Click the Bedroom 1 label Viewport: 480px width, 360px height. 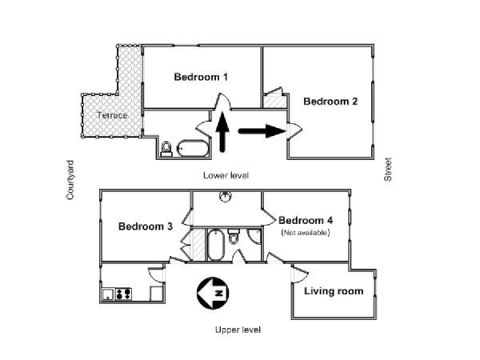tap(201, 77)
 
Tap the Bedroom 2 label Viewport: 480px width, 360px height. tap(330, 102)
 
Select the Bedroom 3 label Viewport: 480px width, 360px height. tap(146, 226)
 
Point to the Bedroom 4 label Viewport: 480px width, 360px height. tap(306, 221)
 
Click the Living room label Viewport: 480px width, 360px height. tap(334, 291)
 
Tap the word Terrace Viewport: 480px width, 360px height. tap(112, 115)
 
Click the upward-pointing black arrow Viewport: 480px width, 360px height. tap(222, 132)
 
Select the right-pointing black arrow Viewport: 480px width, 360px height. tap(262, 131)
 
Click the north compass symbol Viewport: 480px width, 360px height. tap(213, 293)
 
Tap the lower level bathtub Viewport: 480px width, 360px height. tap(193, 149)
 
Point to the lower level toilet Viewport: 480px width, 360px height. tap(166, 149)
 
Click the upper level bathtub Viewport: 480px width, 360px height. tap(215, 245)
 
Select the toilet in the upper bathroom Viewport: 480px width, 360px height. tap(234, 236)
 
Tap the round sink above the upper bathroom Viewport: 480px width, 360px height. tap(226, 197)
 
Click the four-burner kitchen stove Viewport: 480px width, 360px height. tap(123, 294)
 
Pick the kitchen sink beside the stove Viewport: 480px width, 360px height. tap(108, 294)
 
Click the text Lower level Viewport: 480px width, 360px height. tap(226, 175)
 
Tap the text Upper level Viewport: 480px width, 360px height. tap(238, 330)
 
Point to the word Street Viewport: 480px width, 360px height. tap(388, 170)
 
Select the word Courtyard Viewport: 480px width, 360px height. tap(70, 180)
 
